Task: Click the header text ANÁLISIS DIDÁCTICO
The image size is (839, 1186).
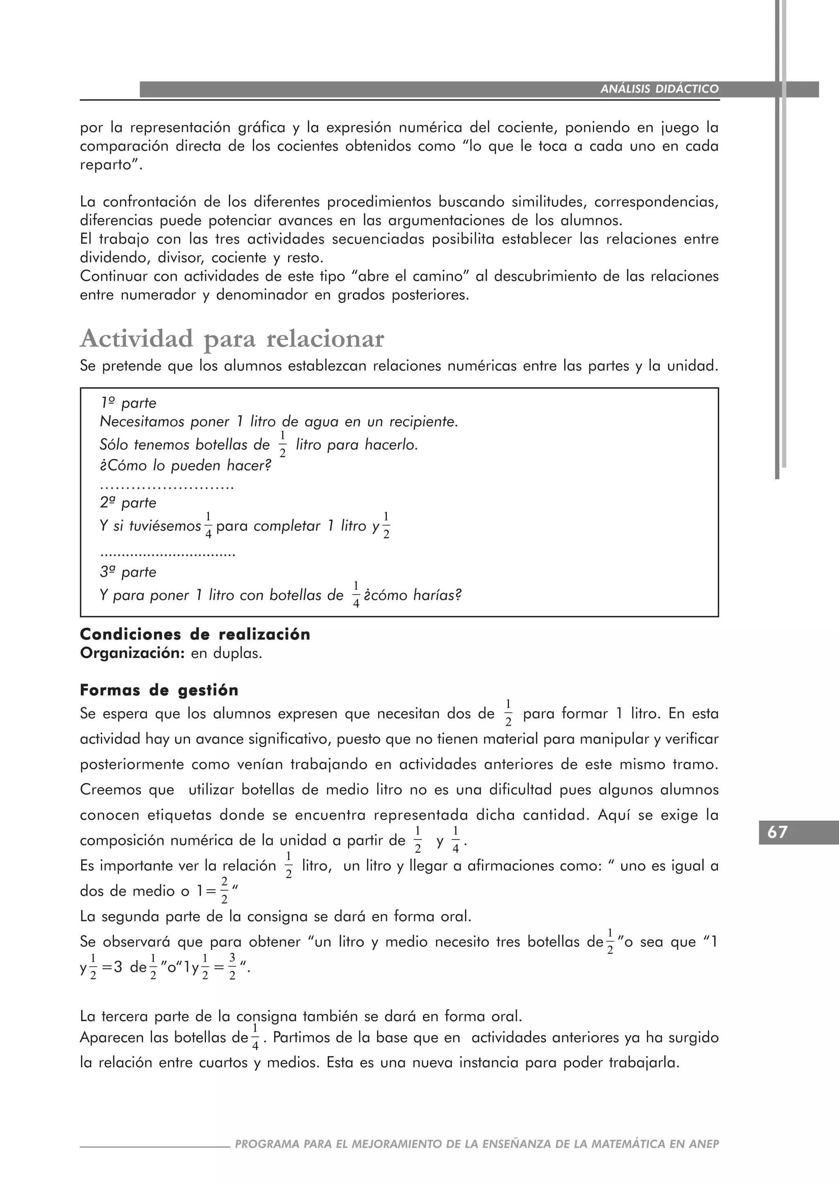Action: coord(659,89)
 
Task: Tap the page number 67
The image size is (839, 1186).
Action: coord(778,832)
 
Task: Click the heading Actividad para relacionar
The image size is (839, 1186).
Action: coord(232,340)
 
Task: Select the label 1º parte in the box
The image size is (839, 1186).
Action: coord(128,403)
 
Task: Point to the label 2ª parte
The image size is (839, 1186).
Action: coord(128,502)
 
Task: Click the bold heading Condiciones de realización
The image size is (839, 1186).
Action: coord(195,634)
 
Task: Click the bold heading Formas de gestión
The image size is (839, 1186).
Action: coord(159,690)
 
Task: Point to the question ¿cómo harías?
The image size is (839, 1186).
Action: coord(412,595)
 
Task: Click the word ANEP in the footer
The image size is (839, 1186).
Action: coord(704,1144)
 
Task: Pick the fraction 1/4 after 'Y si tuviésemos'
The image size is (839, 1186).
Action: coord(208,526)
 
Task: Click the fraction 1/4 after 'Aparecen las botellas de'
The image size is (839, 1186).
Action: coord(255,1038)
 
